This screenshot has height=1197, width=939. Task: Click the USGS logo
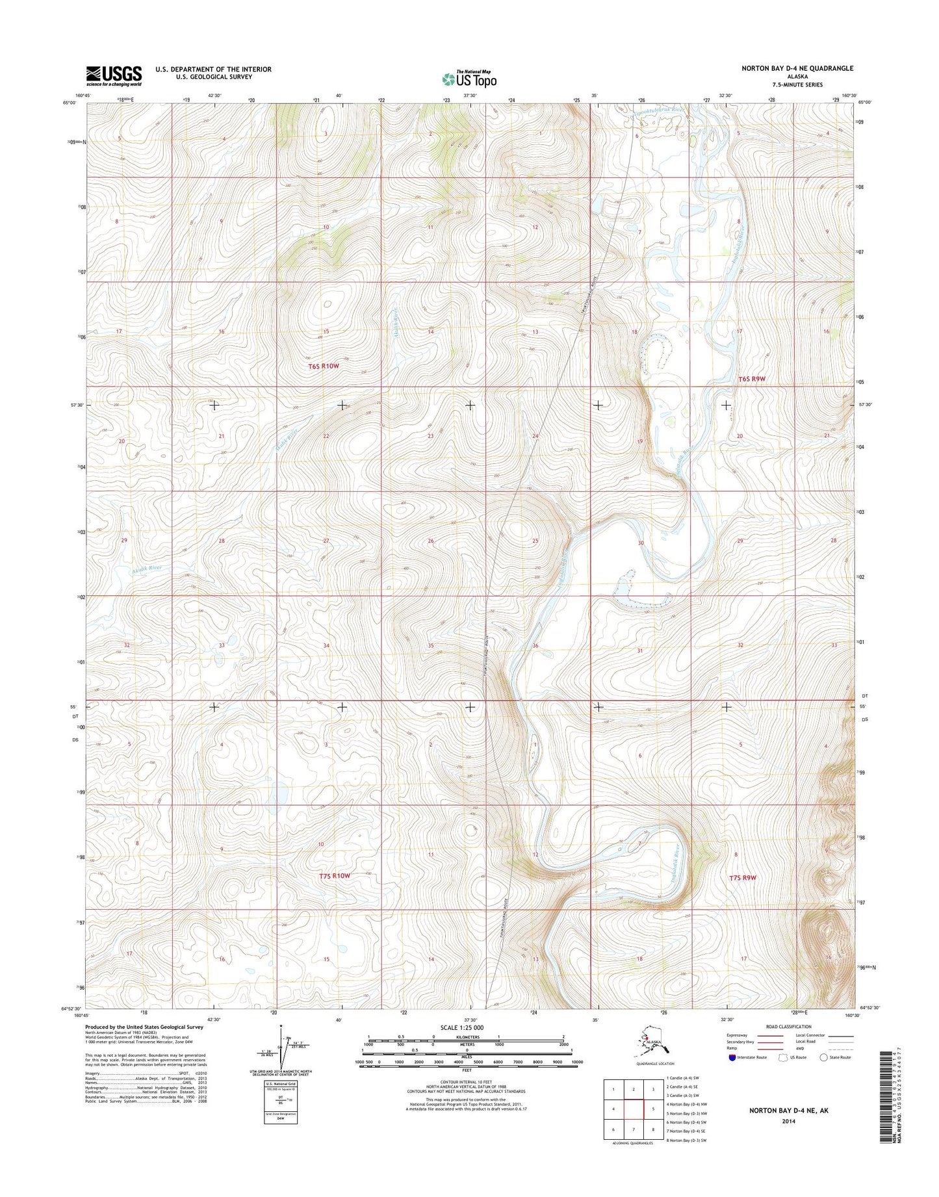click(x=114, y=75)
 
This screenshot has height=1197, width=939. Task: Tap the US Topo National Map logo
click(x=469, y=79)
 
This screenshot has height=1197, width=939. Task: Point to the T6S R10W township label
click(x=324, y=366)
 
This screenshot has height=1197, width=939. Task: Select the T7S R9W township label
click(x=742, y=877)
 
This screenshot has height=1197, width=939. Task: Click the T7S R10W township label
click(x=335, y=875)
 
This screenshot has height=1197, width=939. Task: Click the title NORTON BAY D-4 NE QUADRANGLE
click(x=797, y=68)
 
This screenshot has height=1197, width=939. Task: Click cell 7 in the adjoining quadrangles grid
click(x=634, y=1129)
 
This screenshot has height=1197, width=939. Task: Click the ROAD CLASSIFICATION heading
click(x=788, y=1027)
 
